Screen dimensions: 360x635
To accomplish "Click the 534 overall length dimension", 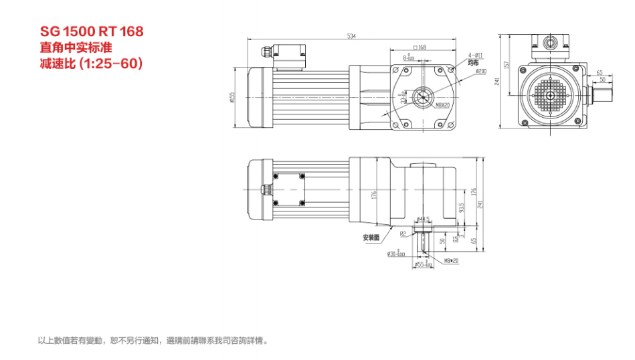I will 351,36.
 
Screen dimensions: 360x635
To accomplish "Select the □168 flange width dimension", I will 420,48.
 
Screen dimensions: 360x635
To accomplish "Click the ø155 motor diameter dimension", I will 232,97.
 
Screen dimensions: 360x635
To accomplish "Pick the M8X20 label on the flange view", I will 443,105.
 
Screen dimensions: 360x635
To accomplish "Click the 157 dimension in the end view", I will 507,65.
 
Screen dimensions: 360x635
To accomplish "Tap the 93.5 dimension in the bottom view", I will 461,209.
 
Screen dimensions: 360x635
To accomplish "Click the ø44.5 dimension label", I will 423,219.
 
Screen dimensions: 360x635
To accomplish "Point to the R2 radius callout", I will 403,234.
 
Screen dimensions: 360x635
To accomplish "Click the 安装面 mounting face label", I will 371,238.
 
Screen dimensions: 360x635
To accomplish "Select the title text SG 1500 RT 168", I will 92,31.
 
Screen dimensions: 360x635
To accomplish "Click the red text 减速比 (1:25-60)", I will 92,64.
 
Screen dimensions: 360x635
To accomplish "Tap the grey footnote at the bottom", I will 154,341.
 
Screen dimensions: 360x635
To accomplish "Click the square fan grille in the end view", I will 550,95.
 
